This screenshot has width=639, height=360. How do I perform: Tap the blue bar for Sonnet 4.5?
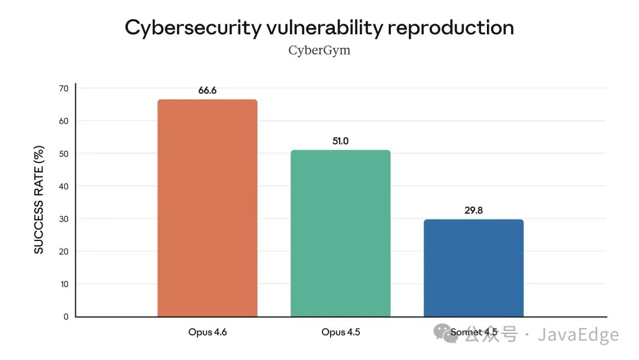point(473,268)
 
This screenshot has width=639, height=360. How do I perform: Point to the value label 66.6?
point(207,91)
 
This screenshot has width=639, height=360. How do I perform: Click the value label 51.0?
point(340,142)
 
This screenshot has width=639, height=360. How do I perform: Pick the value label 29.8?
point(473,210)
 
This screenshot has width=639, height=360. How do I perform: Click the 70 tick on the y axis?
point(63,89)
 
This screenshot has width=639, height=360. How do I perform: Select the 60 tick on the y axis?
point(63,121)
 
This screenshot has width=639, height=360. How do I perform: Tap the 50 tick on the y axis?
point(63,154)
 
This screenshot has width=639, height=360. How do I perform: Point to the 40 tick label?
point(63,187)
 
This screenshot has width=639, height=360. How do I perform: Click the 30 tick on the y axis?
point(63,219)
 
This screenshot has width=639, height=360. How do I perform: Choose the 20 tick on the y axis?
point(63,252)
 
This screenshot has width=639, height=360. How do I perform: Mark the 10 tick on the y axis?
point(63,284)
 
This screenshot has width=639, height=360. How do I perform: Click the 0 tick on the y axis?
point(66,317)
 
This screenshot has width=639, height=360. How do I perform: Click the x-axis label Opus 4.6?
point(208,333)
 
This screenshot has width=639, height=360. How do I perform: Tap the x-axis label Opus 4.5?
point(341,333)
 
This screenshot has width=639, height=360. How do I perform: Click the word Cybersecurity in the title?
point(191,28)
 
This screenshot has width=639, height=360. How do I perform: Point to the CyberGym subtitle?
point(319,50)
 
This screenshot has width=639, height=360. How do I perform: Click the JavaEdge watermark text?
point(577,335)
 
